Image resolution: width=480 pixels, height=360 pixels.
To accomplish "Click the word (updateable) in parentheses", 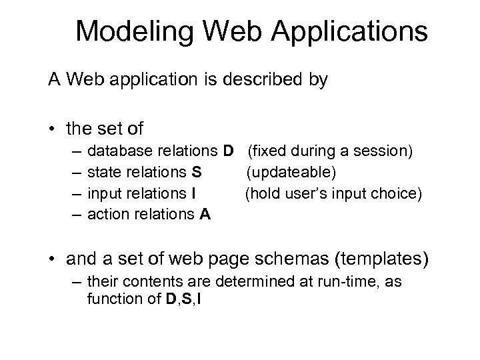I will click(292, 173).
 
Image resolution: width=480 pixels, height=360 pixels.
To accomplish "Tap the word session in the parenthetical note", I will click(387, 151).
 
